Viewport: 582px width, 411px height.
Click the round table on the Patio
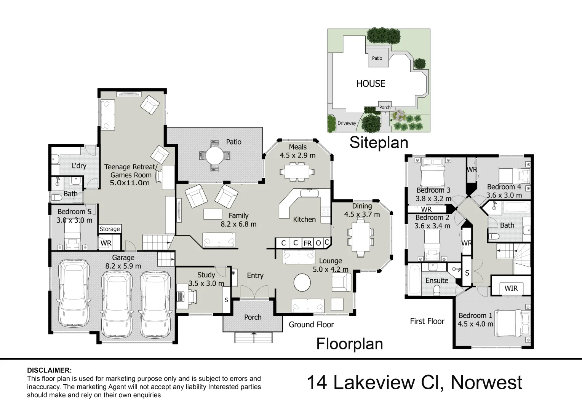(215, 155)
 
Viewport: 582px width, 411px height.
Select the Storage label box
(110, 229)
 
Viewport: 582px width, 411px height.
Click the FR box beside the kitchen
(307, 243)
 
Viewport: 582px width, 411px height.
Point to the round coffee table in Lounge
(302, 283)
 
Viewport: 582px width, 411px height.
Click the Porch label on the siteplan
(385, 107)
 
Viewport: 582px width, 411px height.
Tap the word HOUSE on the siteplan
(371, 83)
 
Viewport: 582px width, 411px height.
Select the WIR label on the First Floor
(511, 288)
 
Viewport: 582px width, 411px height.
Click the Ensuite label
(437, 280)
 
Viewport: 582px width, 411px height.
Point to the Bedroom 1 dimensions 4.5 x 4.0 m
(475, 324)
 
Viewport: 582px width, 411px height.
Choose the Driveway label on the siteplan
(347, 123)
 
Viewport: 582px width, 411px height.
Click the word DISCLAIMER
(49, 370)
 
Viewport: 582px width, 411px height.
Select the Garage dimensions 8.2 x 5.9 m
(123, 266)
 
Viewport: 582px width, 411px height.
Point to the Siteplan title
(379, 142)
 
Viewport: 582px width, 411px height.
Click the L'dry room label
(79, 166)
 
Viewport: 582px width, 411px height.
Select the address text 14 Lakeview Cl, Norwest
(414, 382)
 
